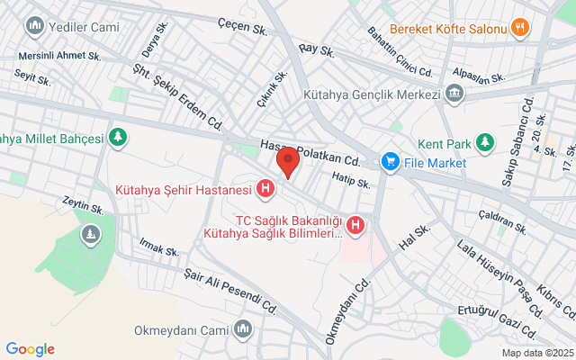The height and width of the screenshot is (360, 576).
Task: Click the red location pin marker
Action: tap(287, 163)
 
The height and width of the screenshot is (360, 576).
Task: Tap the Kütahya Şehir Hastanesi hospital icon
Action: tap(265, 189)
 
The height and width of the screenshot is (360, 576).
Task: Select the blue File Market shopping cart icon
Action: tap(390, 162)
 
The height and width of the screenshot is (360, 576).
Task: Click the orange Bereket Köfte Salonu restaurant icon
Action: tap(518, 27)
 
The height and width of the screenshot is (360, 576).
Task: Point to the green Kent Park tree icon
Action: tap(486, 142)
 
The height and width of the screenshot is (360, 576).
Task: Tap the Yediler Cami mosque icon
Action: tap(37, 25)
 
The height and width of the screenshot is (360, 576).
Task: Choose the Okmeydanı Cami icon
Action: tap(241, 329)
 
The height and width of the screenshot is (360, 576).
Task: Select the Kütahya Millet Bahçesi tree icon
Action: tap(116, 139)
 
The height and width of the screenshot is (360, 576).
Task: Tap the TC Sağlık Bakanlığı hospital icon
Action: tap(356, 225)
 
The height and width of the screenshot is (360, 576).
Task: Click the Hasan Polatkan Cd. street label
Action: tap(310, 153)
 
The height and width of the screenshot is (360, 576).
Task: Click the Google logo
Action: tap(30, 349)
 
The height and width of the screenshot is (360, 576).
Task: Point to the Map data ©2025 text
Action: tap(536, 353)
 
